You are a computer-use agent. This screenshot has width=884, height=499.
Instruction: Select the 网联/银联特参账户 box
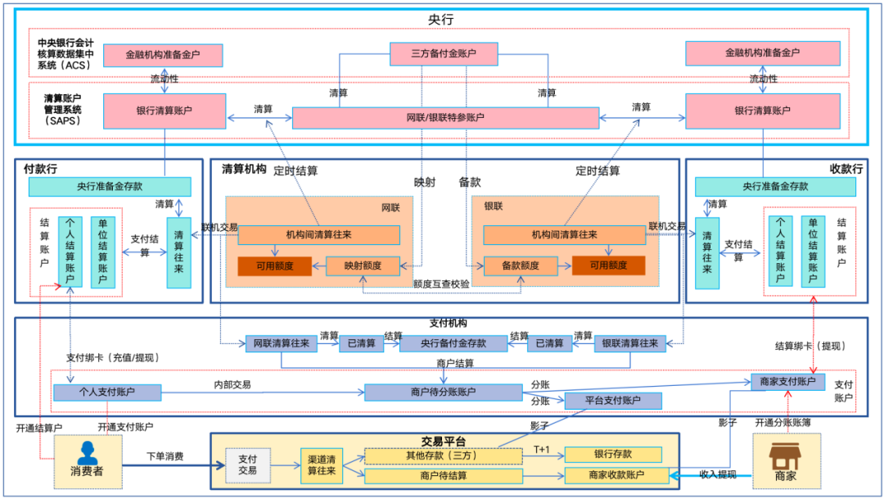(445, 117)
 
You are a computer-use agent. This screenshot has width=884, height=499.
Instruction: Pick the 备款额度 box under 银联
(520, 265)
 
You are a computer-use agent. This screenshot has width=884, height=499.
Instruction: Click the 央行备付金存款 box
(443, 343)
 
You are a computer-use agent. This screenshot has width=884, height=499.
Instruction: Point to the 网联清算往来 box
(282, 343)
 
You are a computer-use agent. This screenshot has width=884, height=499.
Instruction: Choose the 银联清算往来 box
(629, 343)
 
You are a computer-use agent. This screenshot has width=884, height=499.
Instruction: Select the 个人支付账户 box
(107, 392)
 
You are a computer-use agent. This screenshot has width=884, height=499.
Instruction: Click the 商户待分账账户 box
(443, 392)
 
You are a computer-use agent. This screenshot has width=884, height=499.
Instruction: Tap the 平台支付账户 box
(613, 401)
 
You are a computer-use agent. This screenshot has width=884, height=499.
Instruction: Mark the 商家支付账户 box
(787, 381)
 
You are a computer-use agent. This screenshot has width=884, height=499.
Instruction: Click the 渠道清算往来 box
(321, 465)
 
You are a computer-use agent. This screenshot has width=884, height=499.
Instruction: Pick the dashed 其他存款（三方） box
(443, 456)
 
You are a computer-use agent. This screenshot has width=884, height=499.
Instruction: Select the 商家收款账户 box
(616, 475)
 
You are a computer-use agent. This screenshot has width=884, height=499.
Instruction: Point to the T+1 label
(542, 449)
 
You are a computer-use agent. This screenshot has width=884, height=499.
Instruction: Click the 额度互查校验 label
(441, 284)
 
